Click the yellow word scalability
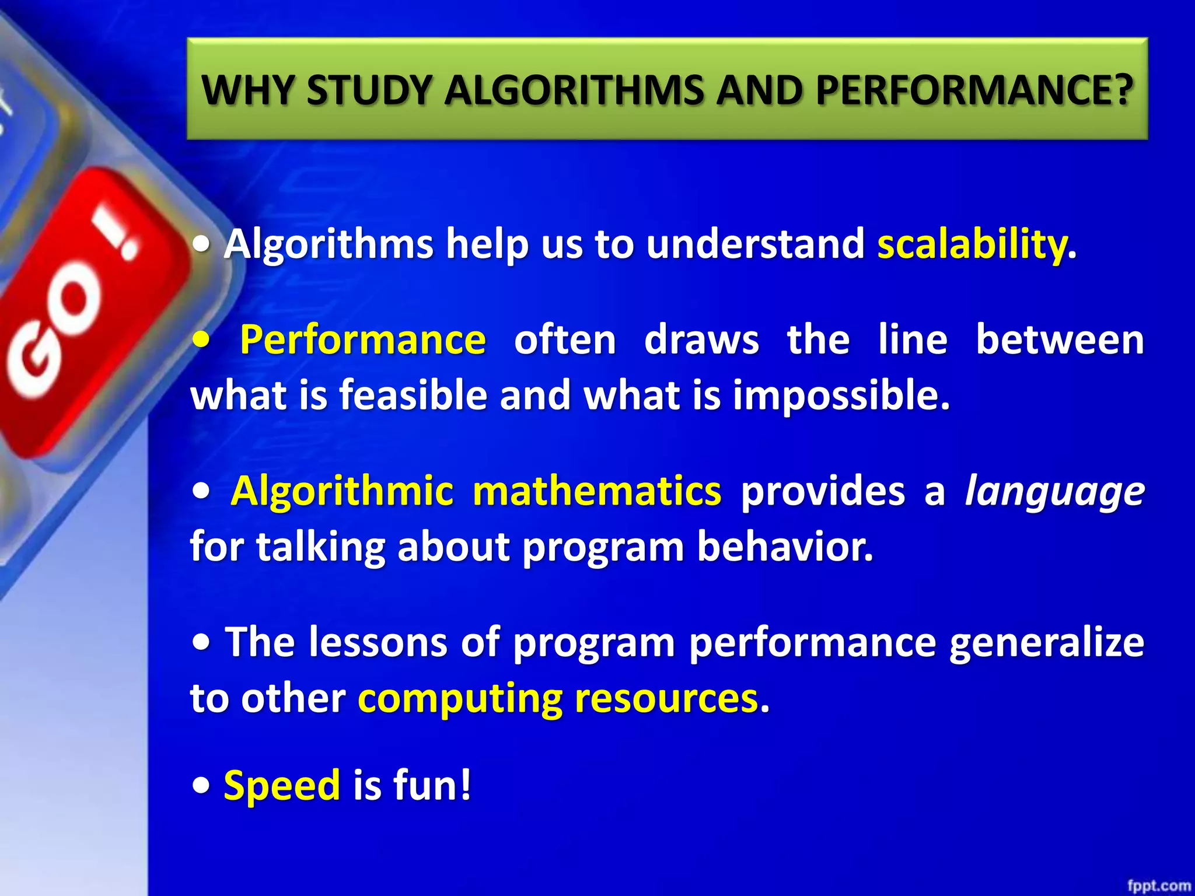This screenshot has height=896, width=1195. [x=972, y=244]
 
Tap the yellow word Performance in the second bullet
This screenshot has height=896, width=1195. [x=362, y=339]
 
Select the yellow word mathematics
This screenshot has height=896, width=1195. [x=596, y=491]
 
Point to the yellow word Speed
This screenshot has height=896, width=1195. [x=282, y=785]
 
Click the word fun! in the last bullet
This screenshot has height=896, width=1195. [x=432, y=785]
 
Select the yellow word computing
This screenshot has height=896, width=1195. [x=460, y=699]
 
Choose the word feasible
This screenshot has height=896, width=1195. [x=413, y=395]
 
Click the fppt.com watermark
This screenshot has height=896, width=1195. [x=1158, y=885]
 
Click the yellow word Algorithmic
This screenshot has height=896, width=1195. [x=342, y=491]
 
